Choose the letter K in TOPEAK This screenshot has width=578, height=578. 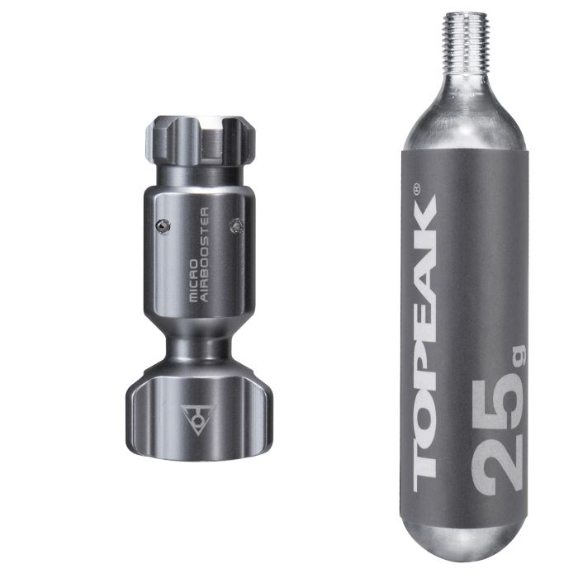(424, 230)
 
